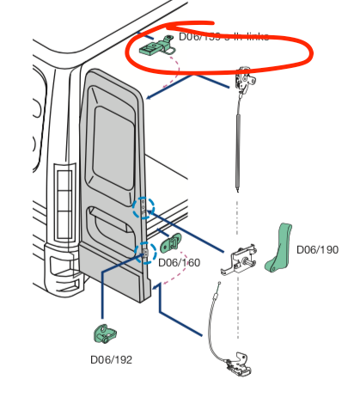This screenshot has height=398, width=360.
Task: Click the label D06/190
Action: click(317, 250)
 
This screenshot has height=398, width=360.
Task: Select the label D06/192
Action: click(112, 358)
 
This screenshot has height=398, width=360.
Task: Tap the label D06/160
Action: click(180, 262)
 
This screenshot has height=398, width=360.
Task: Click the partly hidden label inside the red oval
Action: click(223, 36)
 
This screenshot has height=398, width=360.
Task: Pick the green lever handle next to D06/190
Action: click(278, 248)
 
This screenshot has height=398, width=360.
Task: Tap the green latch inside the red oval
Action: click(155, 44)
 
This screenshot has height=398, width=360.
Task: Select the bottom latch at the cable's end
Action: click(235, 364)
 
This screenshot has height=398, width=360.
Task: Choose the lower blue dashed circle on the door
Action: click(145, 251)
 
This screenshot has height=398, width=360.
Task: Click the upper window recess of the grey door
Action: click(114, 137)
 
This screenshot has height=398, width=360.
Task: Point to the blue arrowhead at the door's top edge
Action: click(149, 97)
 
